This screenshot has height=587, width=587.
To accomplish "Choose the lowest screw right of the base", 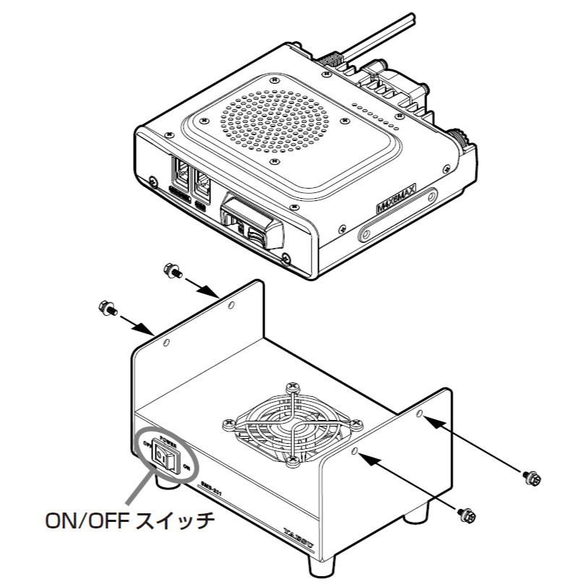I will click(x=467, y=514).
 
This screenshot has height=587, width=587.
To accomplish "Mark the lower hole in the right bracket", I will click(x=355, y=451).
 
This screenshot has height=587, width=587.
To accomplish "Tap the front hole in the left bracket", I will click(x=166, y=343).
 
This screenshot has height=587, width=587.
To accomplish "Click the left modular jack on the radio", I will click(x=179, y=174).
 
